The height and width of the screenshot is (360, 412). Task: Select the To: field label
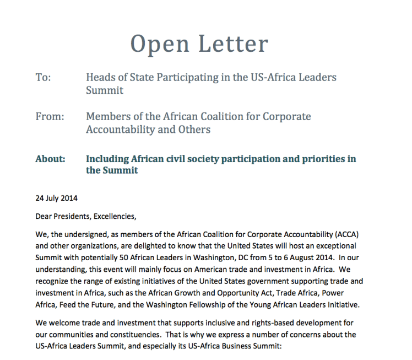point(43,77)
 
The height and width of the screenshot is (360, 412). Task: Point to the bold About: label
point(50,159)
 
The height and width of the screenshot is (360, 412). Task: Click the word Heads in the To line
point(100,77)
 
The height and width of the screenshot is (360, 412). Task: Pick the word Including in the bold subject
point(107,159)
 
